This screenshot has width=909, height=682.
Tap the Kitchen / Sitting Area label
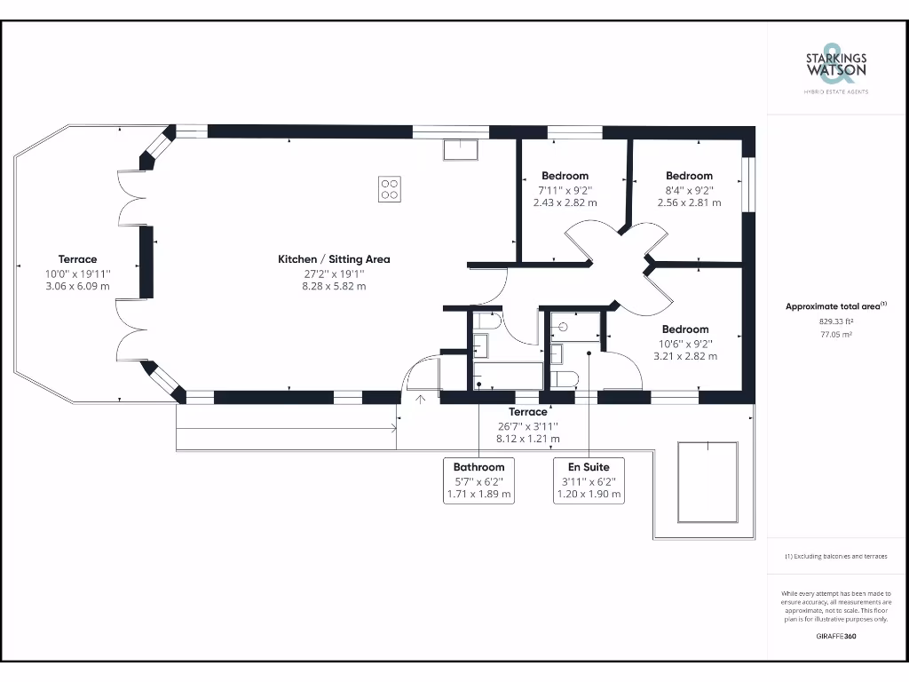click(x=334, y=259)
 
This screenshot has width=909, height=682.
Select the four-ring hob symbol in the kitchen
click(x=390, y=189)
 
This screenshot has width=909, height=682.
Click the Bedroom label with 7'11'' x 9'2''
click(x=565, y=176)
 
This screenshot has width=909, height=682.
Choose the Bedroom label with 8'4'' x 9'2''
click(x=689, y=176)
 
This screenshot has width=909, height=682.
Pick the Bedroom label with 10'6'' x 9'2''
click(x=685, y=329)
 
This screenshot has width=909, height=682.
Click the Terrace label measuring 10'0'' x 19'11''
click(x=78, y=259)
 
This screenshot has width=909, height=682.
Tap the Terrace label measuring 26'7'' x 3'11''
click(x=528, y=412)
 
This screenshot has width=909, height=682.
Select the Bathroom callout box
click(x=478, y=480)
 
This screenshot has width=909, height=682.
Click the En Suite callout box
click(x=589, y=480)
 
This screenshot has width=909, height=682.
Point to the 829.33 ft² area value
click(x=835, y=323)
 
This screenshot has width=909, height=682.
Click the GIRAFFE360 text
click(x=835, y=636)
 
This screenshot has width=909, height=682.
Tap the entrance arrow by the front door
click(x=419, y=399)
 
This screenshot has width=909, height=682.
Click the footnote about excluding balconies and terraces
click(x=835, y=556)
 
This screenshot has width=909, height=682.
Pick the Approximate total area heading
click(x=835, y=306)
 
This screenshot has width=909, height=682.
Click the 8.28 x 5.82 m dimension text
click(x=334, y=287)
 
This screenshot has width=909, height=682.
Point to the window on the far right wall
click(x=748, y=185)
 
